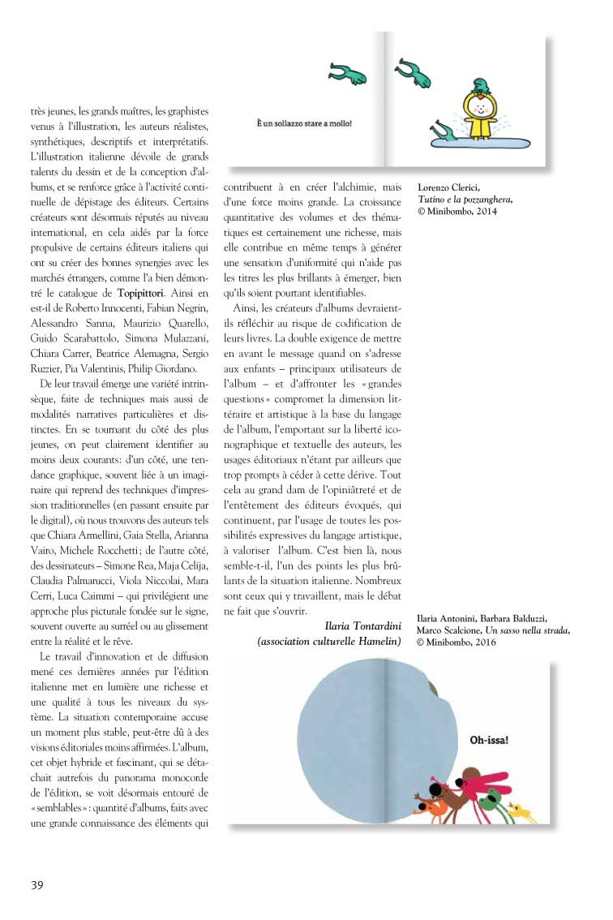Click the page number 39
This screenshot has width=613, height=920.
pyautogui.click(x=37, y=883)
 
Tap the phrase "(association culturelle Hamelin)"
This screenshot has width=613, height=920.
pyautogui.click(x=329, y=641)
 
